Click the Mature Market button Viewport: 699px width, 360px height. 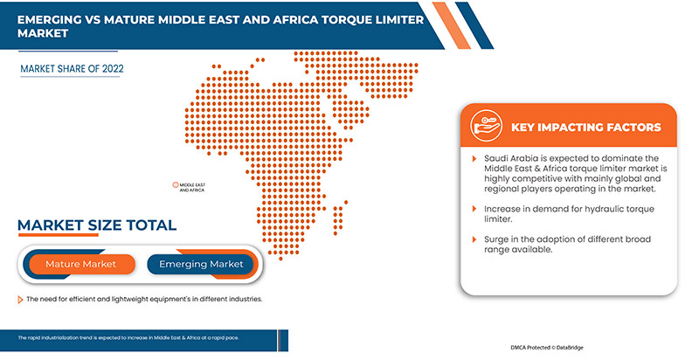tap(80, 264)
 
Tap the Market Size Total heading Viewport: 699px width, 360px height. tap(96, 225)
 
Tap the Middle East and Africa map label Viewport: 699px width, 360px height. tap(192, 187)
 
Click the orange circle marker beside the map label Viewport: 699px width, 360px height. tap(176, 185)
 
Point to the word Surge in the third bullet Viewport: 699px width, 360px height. tap(499, 239)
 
